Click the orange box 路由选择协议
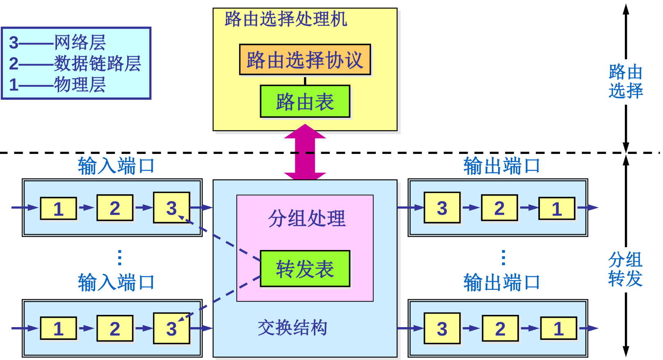[305, 60]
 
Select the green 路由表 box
[305, 101]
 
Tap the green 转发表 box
[305, 269]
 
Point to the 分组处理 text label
[306, 218]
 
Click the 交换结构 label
[292, 328]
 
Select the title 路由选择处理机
[286, 19]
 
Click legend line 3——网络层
[57, 42]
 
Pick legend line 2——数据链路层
[75, 63]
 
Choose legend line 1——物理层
[57, 85]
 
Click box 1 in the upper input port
[58, 209]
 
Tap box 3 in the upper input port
[171, 207]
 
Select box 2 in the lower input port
[115, 328]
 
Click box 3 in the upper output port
[442, 208]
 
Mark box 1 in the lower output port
[558, 328]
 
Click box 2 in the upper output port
[499, 208]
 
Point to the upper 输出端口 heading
[501, 166]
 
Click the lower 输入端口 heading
[116, 282]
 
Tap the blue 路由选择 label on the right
[625, 81]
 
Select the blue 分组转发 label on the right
[625, 269]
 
